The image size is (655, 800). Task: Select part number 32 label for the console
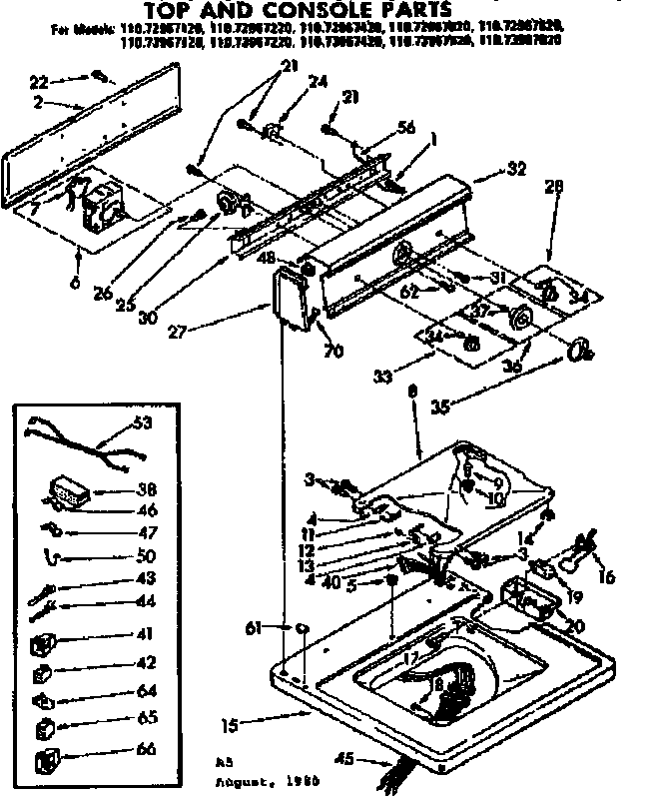[515, 170]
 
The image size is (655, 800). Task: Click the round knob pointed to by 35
[577, 349]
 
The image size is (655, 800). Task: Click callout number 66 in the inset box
[146, 749]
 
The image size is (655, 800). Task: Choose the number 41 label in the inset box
[146, 634]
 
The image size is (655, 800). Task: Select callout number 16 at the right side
[606, 576]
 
